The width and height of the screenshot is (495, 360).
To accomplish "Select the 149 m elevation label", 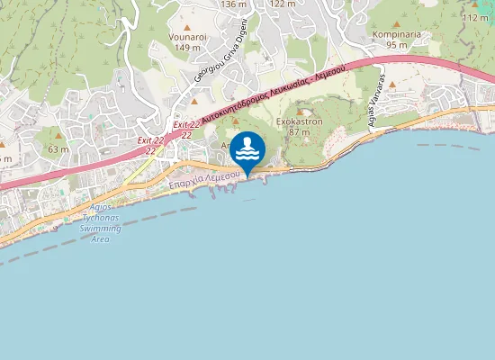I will coord(188,48).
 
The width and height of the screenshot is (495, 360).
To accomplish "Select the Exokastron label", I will coord(300,120).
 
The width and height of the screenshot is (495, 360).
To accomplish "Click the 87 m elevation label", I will coord(300,131).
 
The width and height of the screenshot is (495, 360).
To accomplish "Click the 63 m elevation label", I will coord(58,148).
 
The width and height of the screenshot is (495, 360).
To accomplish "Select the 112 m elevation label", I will coord(475,17).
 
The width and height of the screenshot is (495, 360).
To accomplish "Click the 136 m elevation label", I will coord(233,4).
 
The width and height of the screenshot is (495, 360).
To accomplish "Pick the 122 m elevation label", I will coord(283,4).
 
